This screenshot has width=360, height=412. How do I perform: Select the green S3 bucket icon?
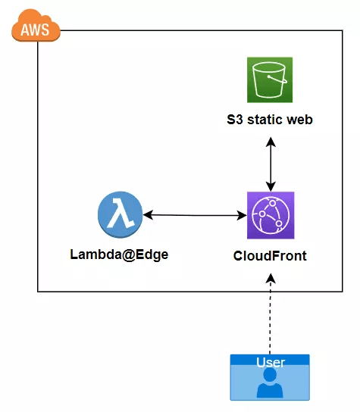click(x=269, y=80)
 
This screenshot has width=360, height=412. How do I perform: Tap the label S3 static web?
click(x=269, y=120)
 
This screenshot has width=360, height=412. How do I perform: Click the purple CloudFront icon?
click(x=270, y=215)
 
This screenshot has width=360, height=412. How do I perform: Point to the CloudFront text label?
click(x=270, y=255)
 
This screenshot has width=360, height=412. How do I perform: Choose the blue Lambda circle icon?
click(x=119, y=214)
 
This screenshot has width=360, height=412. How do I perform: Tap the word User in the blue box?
click(x=270, y=362)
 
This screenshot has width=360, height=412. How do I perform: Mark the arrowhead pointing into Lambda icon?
click(x=147, y=215)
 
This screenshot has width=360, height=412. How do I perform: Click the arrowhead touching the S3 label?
click(x=270, y=139)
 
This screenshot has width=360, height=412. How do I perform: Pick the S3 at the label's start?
click(x=235, y=120)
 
